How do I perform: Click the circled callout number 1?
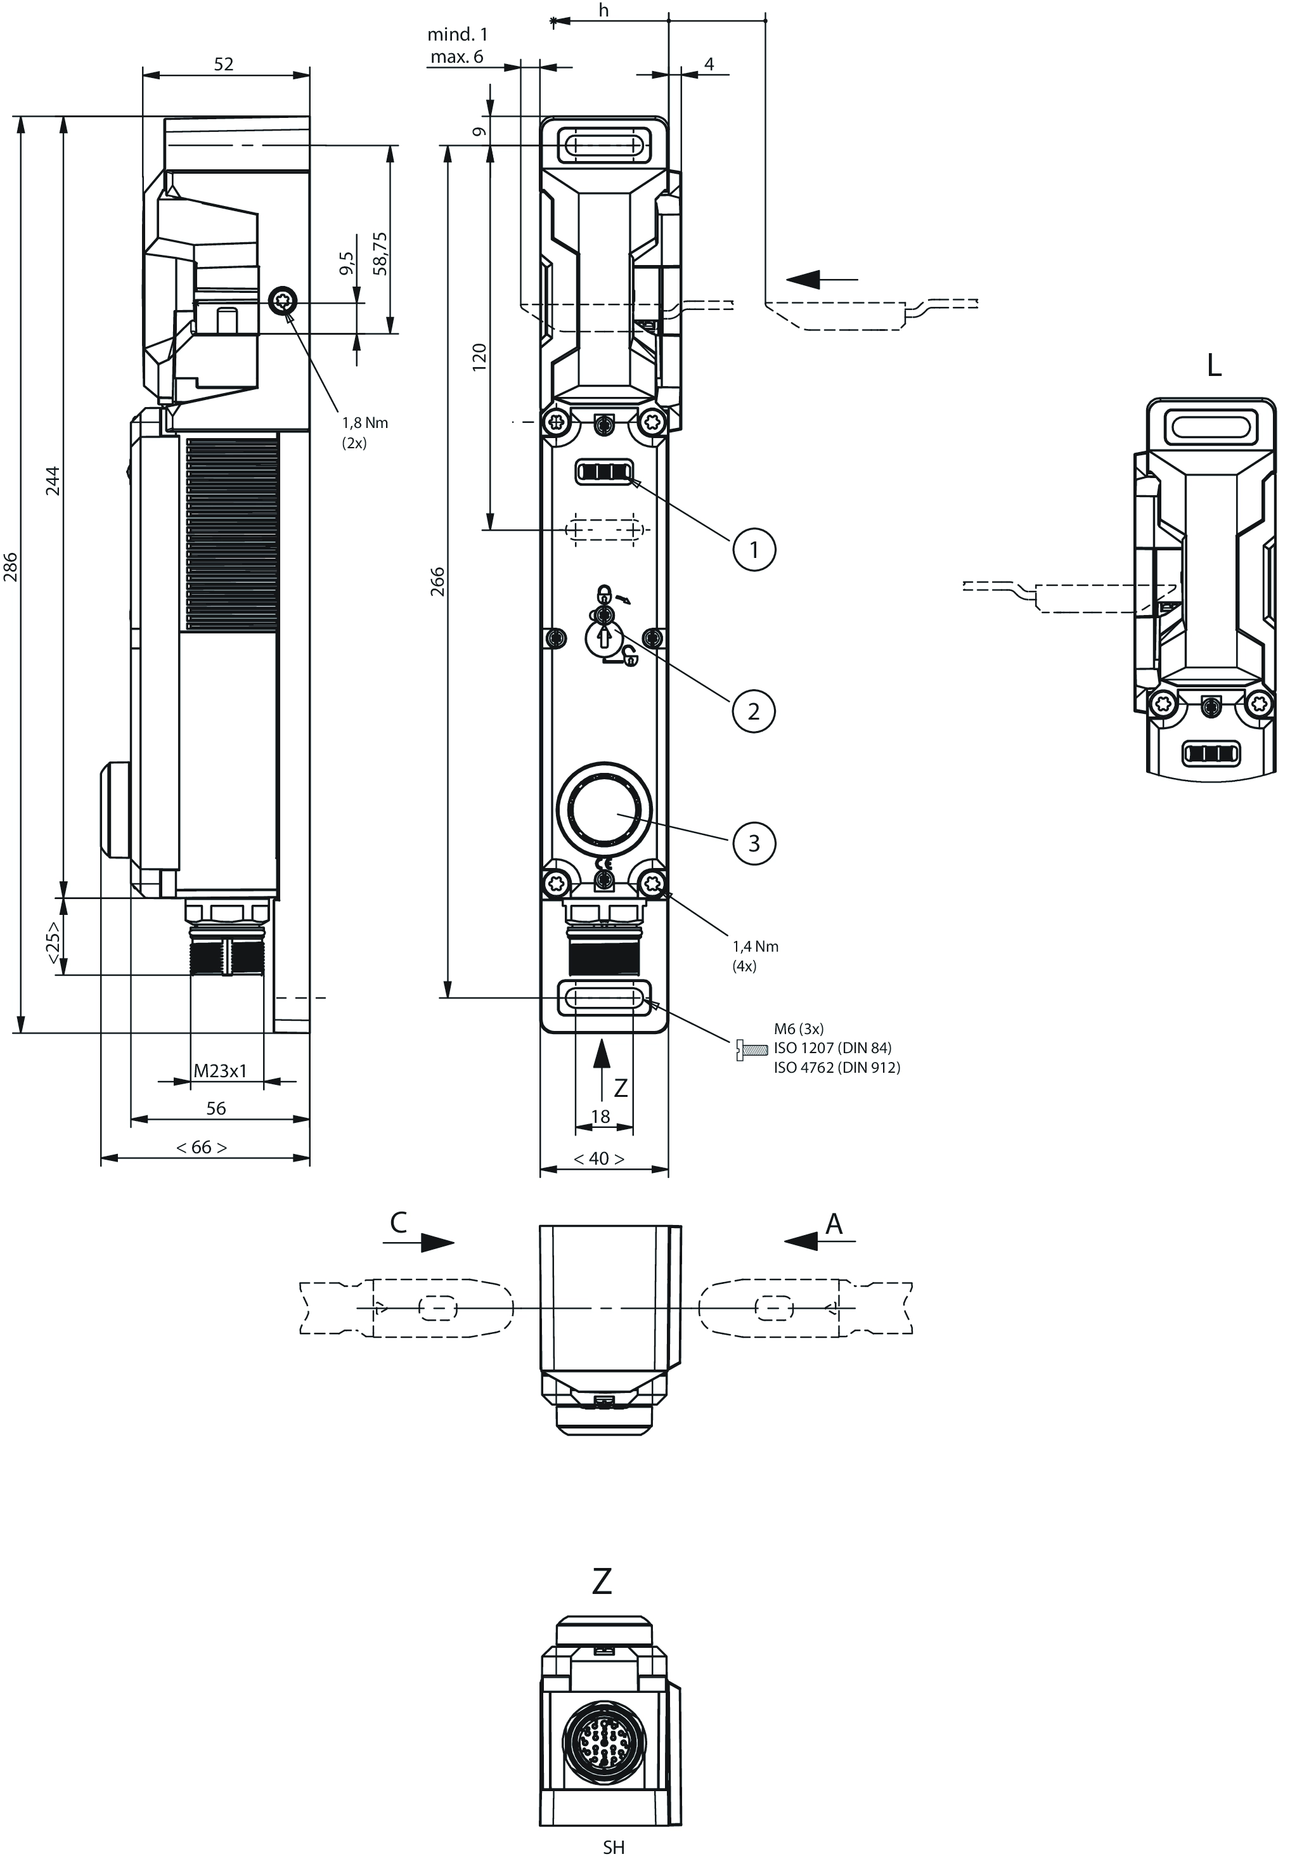[x=754, y=550]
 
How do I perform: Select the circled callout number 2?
[x=754, y=711]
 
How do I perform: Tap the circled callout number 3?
[x=754, y=843]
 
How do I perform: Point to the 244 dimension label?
[x=53, y=481]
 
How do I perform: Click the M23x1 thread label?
[x=219, y=1070]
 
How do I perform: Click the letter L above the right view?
[x=1214, y=366]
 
